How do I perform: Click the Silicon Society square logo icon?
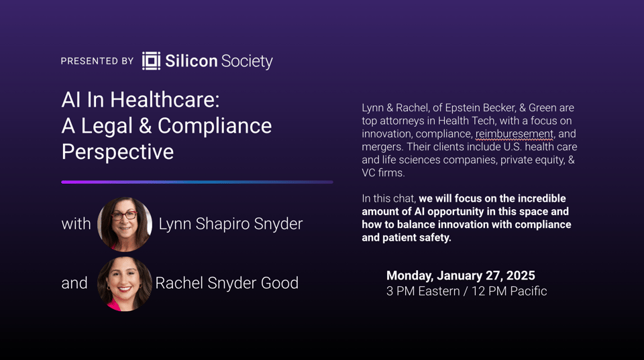pos(151,61)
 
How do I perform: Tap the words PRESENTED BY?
pos(97,61)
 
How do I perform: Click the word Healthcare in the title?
pos(165,99)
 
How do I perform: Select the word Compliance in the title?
pos(215,125)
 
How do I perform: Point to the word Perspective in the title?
pos(117,152)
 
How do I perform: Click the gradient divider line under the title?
pos(197,182)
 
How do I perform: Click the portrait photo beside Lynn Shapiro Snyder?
pos(125,224)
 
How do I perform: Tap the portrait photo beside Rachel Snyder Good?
pos(125,284)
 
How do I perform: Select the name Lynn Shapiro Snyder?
pos(231,224)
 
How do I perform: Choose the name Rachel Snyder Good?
pos(227,283)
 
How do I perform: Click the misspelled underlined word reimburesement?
pos(515,134)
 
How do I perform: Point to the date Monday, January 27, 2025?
pos(461,276)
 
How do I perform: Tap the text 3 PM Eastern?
pos(423,291)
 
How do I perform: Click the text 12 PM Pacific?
pos(509,291)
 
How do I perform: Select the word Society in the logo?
pos(247,61)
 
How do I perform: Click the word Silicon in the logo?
pos(191,61)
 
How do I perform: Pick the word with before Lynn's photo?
pos(76,224)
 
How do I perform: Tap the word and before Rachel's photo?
pos(74,283)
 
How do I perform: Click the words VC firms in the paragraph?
pos(383,173)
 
